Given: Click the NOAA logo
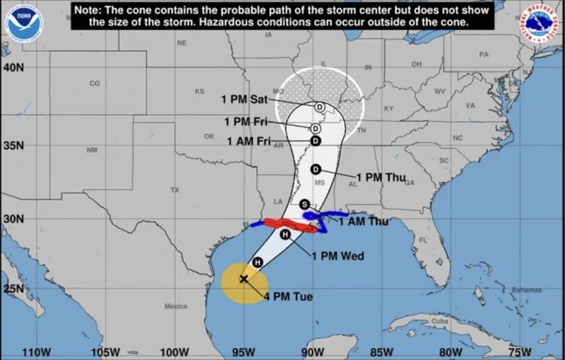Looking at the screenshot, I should coord(24,22).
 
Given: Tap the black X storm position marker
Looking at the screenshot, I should coord(244,279).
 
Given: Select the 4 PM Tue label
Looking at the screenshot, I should coord(288,297).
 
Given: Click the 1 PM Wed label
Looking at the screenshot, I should coord(337,256).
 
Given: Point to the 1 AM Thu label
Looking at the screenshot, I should coord(363,221).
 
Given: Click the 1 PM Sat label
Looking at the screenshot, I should coord(244,99).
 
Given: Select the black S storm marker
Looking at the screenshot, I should coord(304,204).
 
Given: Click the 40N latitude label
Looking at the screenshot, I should coord(13,67).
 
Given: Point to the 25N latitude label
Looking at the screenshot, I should coord(13,289).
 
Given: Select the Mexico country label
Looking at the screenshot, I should coord(176,306).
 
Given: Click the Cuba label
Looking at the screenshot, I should coord(439,322).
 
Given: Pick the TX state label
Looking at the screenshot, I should coord(174,191).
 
